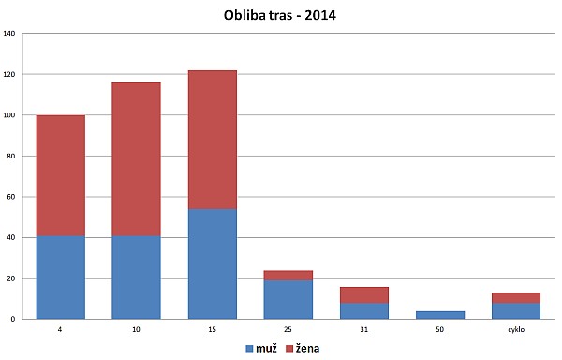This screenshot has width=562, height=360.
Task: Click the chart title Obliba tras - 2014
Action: pos(281,16)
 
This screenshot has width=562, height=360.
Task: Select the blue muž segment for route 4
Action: pos(61,277)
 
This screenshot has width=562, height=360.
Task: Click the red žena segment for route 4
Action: pos(61,175)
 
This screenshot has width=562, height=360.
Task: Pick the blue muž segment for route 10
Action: pos(136,277)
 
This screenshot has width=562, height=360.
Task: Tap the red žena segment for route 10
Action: pos(136,159)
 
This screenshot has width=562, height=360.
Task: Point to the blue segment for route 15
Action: pos(212,263)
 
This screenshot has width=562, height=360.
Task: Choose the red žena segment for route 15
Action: pos(212,140)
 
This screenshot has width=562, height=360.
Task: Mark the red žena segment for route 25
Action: pos(288,276)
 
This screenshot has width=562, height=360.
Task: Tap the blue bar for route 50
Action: pos(440,315)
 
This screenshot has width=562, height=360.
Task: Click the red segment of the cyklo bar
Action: pos(516,297)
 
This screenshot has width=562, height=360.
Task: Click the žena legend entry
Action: pos(309,348)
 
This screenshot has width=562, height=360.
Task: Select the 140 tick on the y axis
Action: pos(9,34)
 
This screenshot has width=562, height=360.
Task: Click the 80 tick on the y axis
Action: pos(10,157)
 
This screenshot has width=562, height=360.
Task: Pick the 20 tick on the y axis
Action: pos(10,278)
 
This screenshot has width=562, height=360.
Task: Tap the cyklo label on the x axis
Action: pos(516,329)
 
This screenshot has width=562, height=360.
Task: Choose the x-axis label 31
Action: pos(364,329)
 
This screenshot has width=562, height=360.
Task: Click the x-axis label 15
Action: pos(212,329)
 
